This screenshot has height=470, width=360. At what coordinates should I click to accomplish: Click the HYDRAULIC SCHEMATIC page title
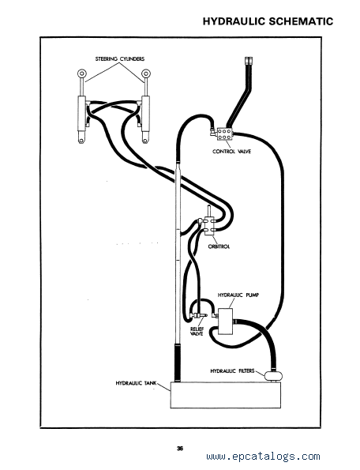(268, 21)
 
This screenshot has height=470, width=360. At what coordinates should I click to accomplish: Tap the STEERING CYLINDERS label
(120, 58)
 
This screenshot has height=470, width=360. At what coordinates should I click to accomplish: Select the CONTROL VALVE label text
(232, 152)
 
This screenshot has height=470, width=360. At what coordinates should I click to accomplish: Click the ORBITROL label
(219, 246)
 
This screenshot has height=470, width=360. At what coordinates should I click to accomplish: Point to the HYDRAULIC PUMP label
(238, 295)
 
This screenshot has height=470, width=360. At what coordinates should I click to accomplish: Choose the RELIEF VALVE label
(197, 332)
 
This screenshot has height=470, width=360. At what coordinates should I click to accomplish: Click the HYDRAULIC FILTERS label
(232, 370)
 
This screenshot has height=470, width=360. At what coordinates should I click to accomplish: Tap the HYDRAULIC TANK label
(136, 383)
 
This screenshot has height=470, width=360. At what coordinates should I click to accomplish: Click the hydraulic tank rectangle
(226, 395)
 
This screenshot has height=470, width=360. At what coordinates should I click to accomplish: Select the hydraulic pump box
(226, 321)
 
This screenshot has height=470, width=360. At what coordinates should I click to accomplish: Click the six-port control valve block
(226, 134)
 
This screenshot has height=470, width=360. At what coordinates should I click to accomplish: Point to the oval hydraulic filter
(273, 375)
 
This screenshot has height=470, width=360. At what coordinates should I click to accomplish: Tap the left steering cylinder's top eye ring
(81, 73)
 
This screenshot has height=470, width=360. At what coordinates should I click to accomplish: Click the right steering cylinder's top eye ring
(146, 73)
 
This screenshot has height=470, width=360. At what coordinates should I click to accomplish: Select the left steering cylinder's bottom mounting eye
(81, 138)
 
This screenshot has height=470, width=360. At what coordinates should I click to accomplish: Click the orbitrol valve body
(208, 225)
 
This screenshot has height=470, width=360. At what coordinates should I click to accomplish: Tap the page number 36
(180, 449)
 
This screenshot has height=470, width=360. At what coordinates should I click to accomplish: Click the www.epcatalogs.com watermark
(263, 457)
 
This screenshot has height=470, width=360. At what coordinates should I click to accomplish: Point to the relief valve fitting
(197, 315)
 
